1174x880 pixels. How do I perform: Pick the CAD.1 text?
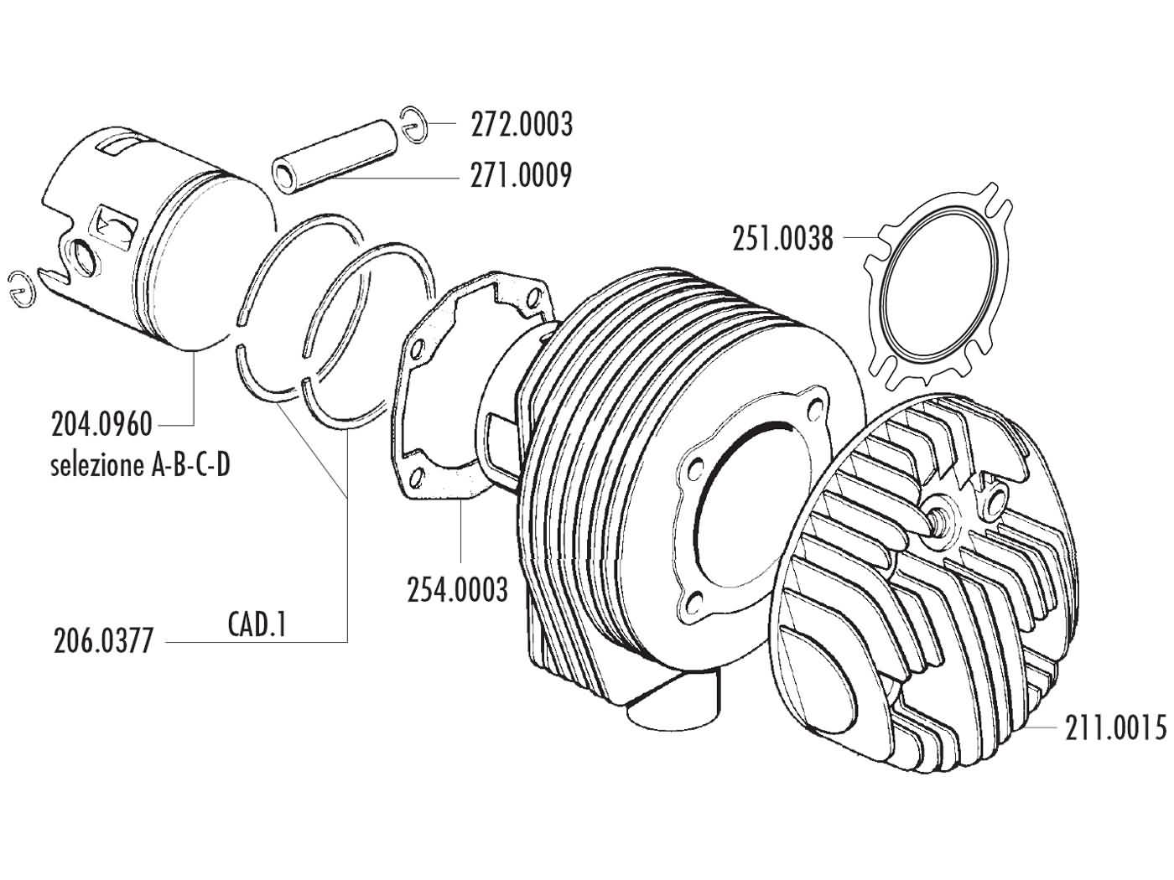pos(257,624)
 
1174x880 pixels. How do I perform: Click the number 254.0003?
pos(458,590)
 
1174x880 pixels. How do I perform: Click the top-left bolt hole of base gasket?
pos(413,344)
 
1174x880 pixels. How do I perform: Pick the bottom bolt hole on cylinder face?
pos(696,600)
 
